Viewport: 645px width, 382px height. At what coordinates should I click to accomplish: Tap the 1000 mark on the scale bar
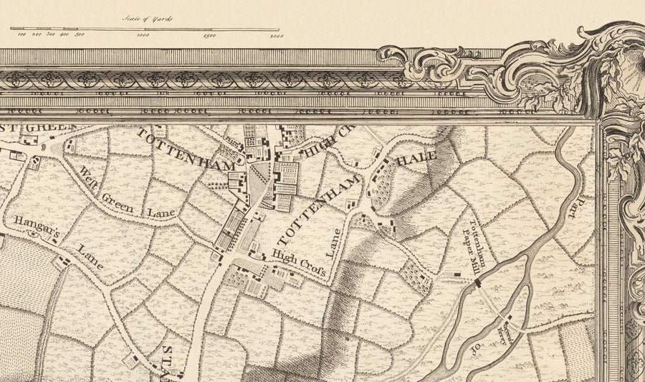pos(143,34)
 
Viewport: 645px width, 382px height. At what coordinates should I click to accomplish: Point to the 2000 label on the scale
pos(275,34)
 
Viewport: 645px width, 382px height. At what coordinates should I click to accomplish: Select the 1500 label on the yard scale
pos(209,34)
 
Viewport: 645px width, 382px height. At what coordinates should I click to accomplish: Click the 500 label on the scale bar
pos(79,34)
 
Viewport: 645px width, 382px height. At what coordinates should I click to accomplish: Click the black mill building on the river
pos(477,284)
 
